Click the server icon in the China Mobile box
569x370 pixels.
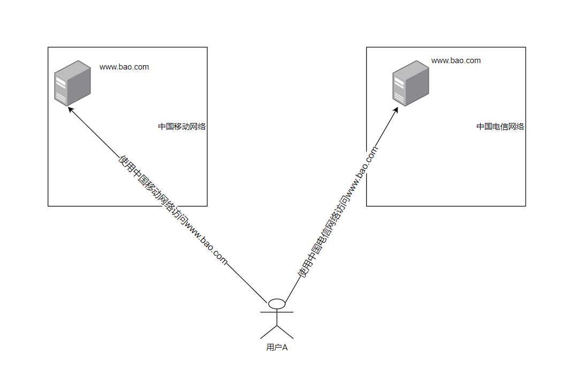click(72, 83)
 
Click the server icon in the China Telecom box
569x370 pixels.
click(411, 83)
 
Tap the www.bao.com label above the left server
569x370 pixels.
click(124, 67)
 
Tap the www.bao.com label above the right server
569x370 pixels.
click(456, 60)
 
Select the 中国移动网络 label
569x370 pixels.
click(182, 127)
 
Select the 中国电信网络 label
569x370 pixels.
click(500, 127)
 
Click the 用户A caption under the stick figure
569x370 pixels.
click(277, 348)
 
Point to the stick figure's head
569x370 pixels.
click(277, 304)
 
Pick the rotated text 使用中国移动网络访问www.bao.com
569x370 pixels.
click(173, 211)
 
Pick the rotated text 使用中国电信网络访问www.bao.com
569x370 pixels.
click(338, 213)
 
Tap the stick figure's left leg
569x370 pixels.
click(269, 332)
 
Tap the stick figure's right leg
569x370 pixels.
click(285, 332)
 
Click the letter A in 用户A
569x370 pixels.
click(285, 348)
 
